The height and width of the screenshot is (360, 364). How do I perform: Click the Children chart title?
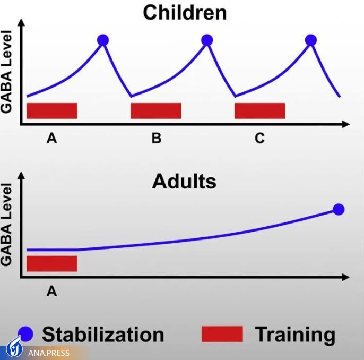coord(184,12)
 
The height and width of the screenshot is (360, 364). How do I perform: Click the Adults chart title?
coord(184,182)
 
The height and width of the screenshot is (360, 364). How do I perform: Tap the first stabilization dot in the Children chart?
coord(103,39)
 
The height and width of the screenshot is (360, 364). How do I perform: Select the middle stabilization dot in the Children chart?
coord(207,39)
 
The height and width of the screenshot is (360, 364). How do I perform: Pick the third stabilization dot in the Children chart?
coord(311,39)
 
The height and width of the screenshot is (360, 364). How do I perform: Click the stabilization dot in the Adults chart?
coord(338,209)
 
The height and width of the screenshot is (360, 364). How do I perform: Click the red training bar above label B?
coord(156,110)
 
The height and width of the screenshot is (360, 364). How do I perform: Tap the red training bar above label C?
coord(259,110)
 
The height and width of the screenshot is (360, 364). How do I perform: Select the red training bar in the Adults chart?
coord(52,263)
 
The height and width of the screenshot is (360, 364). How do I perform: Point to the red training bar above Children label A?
coord(52,110)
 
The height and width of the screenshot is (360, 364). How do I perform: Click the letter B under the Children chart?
coord(156,139)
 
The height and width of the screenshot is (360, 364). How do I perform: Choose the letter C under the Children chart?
coord(259,139)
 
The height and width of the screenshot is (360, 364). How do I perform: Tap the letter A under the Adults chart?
coord(51,291)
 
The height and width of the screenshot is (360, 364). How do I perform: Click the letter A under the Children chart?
coord(51,139)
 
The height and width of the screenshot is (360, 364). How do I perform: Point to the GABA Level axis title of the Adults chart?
coord(7,225)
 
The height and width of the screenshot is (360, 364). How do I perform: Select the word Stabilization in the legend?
coord(103,335)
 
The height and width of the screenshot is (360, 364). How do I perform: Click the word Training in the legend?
coord(295,335)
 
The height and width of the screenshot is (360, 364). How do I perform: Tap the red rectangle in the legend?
coord(222,334)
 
